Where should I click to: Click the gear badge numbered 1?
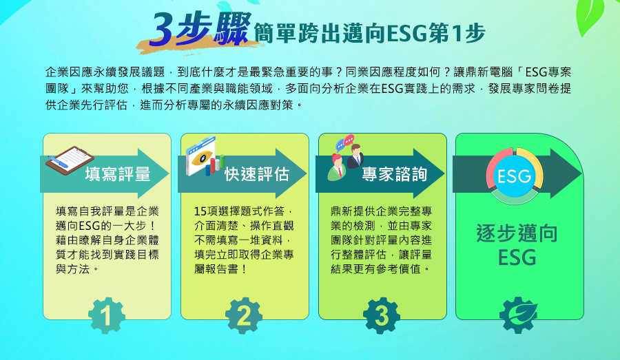click(107, 316)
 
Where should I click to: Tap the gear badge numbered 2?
click(244, 316)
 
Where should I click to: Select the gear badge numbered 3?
click(382, 316)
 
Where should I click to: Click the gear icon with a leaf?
click(518, 316)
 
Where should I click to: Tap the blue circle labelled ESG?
click(514, 176)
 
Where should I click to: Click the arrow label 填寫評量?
click(118, 174)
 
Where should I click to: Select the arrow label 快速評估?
click(257, 174)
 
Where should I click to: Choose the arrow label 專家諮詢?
click(395, 174)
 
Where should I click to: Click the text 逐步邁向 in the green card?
click(517, 233)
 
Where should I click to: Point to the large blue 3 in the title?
click(162, 29)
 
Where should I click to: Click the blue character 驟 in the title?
click(232, 28)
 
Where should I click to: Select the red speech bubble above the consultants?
click(349, 140)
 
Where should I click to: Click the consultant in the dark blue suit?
click(355, 156)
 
